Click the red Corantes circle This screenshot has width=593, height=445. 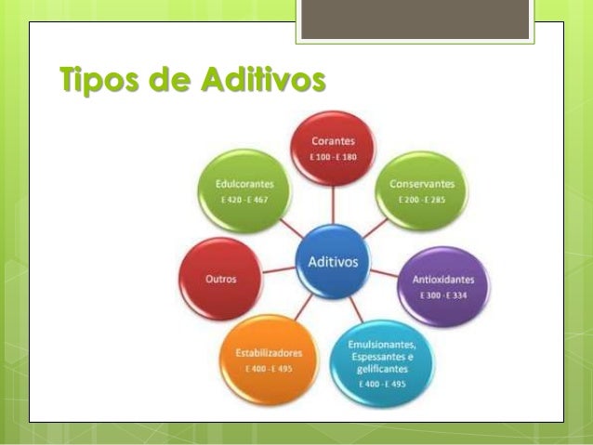coord(333,149)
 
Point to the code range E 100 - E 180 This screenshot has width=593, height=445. coord(333,157)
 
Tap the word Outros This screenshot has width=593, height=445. coord(220,279)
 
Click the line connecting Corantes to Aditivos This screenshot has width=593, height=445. coord(333,206)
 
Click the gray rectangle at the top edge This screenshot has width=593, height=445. coord(415,19)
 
